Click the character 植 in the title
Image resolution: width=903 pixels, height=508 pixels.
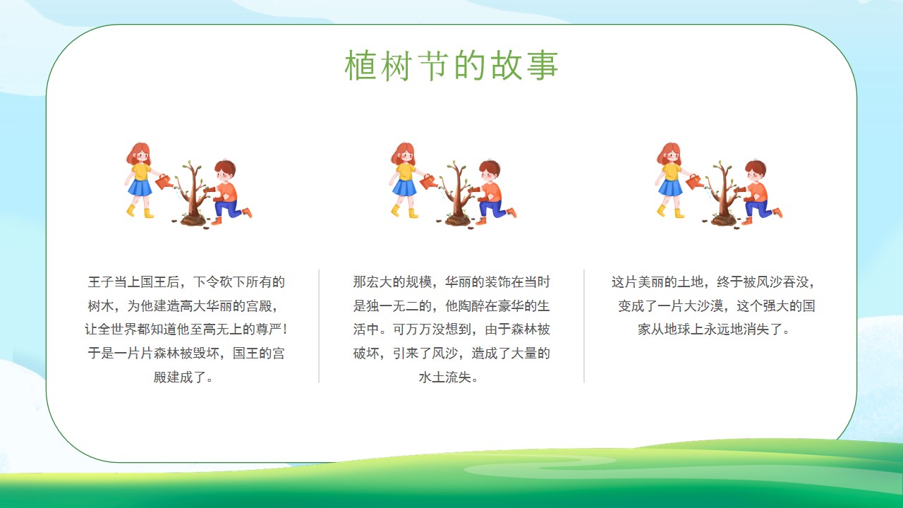coord(360,66)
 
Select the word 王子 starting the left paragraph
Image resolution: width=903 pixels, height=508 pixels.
coord(101,282)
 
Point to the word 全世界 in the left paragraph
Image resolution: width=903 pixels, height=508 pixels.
coord(117,329)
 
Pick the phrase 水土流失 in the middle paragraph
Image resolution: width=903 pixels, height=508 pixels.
coord(445,377)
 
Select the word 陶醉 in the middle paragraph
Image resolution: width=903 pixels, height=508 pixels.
coord(471,306)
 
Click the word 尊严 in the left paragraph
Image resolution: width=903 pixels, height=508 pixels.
coord(269,329)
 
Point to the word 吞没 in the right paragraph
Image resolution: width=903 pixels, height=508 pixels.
coord(796,282)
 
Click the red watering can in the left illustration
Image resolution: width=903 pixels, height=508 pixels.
coord(164,182)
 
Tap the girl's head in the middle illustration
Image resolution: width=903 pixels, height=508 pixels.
coord(404,153)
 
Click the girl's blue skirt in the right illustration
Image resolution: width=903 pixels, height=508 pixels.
coord(670,188)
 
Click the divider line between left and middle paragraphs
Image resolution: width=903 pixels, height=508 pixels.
coord(319,326)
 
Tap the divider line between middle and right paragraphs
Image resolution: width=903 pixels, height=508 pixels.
coord(584,326)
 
